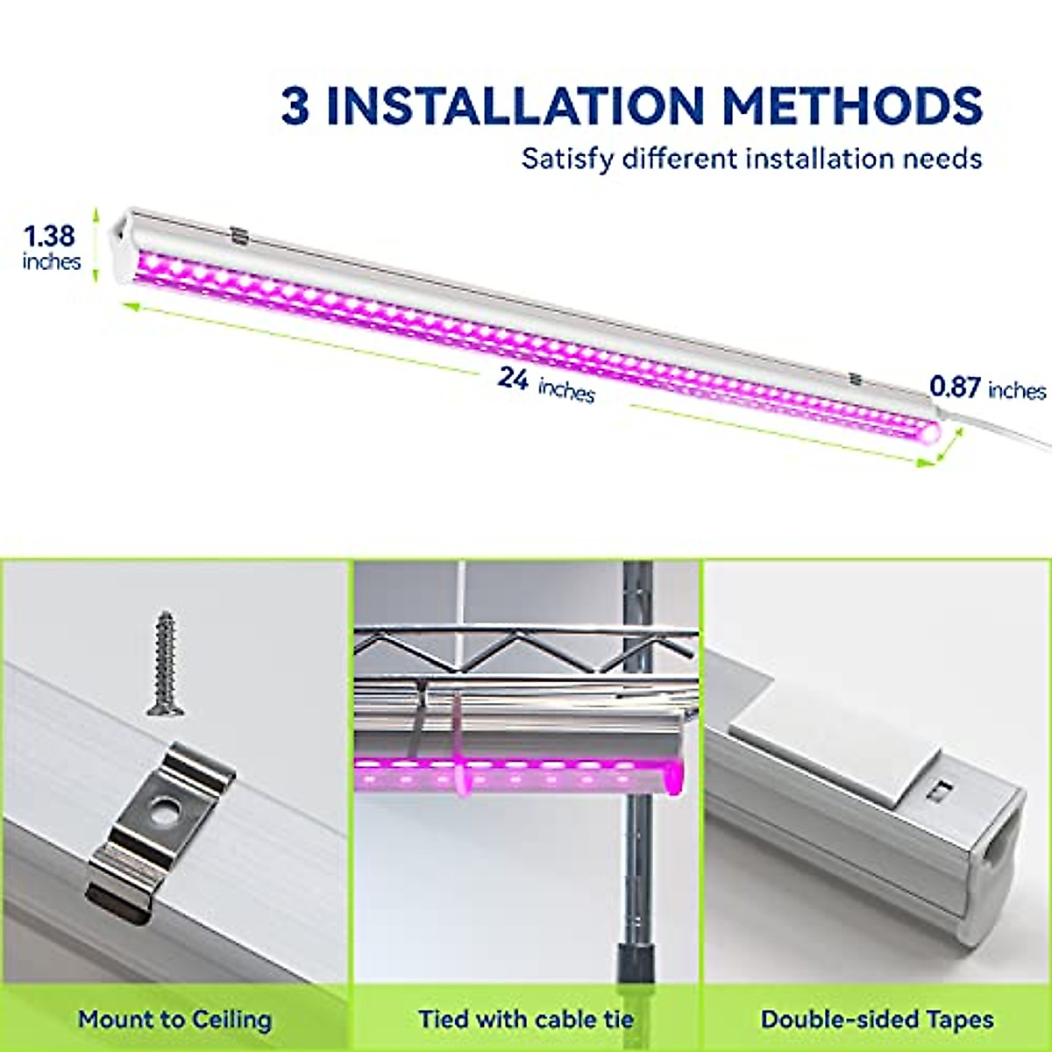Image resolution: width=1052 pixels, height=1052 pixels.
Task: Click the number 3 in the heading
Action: pos(295,107)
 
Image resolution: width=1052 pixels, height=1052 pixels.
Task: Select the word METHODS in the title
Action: pos(851,106)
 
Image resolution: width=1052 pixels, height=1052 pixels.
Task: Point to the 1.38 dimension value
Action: pos(49,236)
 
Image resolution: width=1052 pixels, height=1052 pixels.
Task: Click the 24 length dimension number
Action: pos(513,378)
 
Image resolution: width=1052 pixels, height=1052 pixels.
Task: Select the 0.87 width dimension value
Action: pos(955,387)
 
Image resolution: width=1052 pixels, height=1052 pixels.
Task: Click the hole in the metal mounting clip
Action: pos(161,811)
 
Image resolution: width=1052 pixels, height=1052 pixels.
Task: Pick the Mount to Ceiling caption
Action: pos(175,1020)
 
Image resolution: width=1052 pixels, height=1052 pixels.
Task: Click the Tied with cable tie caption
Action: pos(526,1020)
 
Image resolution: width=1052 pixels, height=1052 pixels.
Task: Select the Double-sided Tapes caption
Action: pos(877,1020)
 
